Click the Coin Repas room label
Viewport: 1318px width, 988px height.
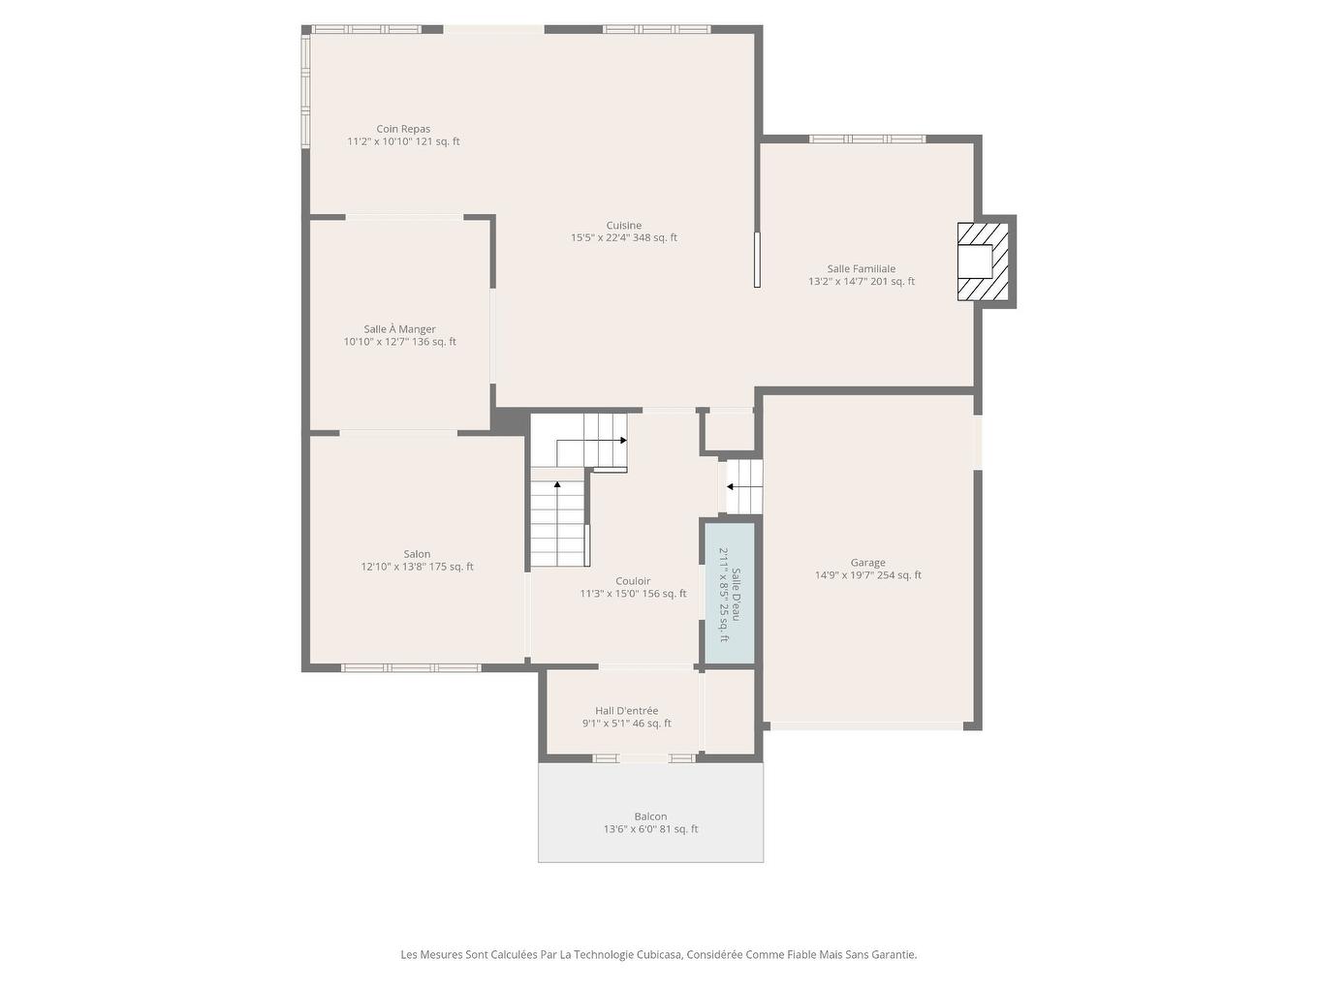pyautogui.click(x=403, y=129)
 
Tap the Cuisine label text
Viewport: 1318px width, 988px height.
pyautogui.click(x=624, y=226)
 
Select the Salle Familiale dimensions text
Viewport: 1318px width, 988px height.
pyautogui.click(x=862, y=282)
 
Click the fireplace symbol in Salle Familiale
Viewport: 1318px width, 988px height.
pyautogui.click(x=982, y=262)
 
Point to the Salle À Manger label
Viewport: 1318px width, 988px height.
pyautogui.click(x=399, y=329)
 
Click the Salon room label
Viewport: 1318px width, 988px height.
pyautogui.click(x=417, y=555)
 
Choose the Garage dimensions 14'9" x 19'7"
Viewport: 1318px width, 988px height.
pyautogui.click(x=867, y=575)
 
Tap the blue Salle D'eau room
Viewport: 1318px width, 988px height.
pyautogui.click(x=729, y=593)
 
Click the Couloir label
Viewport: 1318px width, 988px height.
pyautogui.click(x=633, y=581)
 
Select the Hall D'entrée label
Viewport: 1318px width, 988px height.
pyautogui.click(x=626, y=711)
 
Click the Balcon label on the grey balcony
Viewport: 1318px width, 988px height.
pyautogui.click(x=650, y=817)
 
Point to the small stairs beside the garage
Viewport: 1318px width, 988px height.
pyautogui.click(x=745, y=486)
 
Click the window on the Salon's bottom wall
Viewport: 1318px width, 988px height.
pyautogui.click(x=411, y=667)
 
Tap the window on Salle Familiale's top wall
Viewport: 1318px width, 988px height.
pyautogui.click(x=867, y=139)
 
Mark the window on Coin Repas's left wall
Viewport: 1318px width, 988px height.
pyautogui.click(x=305, y=92)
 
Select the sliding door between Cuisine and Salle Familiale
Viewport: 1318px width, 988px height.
pyautogui.click(x=757, y=260)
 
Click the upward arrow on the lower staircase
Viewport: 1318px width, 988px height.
pyautogui.click(x=556, y=483)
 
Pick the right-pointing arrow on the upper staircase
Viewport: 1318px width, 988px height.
pyautogui.click(x=622, y=441)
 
